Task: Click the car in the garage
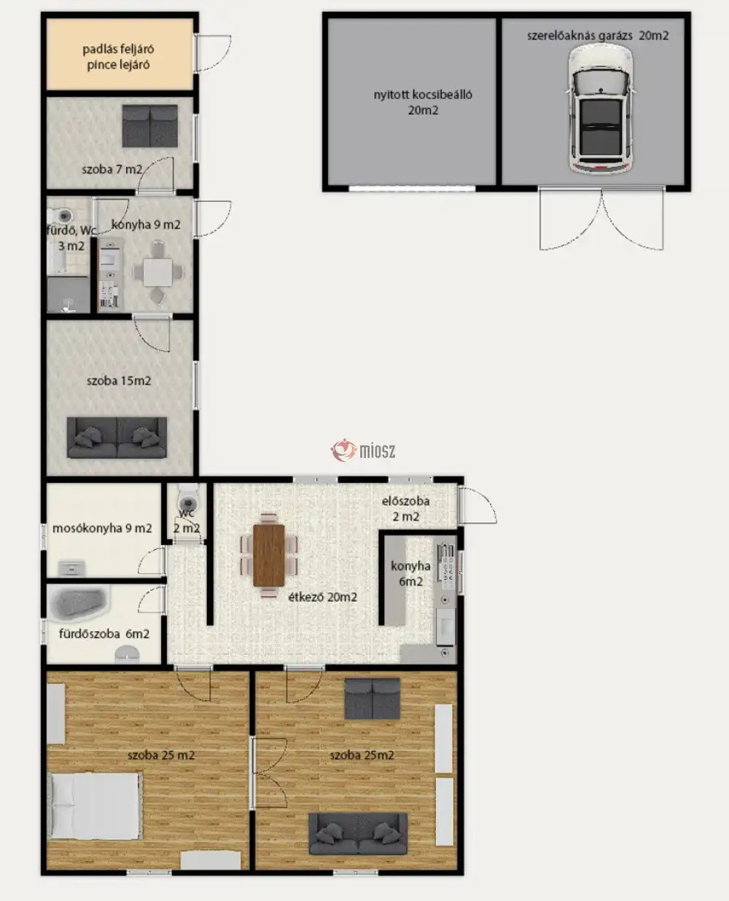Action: click(x=601, y=109)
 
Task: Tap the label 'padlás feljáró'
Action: click(x=118, y=49)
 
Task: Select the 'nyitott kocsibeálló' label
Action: click(x=423, y=95)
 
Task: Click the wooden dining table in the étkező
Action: click(x=269, y=555)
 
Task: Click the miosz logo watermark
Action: click(x=363, y=450)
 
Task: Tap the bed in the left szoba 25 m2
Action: click(x=93, y=806)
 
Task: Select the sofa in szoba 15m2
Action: click(x=117, y=437)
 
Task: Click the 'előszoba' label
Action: click(x=405, y=501)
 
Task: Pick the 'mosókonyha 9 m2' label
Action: click(x=102, y=528)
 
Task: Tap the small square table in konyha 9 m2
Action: click(x=158, y=272)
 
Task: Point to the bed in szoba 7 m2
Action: click(x=150, y=126)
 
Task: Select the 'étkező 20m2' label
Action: click(x=323, y=597)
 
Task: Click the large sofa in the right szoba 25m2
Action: click(x=358, y=834)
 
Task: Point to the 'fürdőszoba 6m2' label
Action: click(x=104, y=634)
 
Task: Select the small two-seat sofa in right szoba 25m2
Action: click(x=372, y=699)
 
